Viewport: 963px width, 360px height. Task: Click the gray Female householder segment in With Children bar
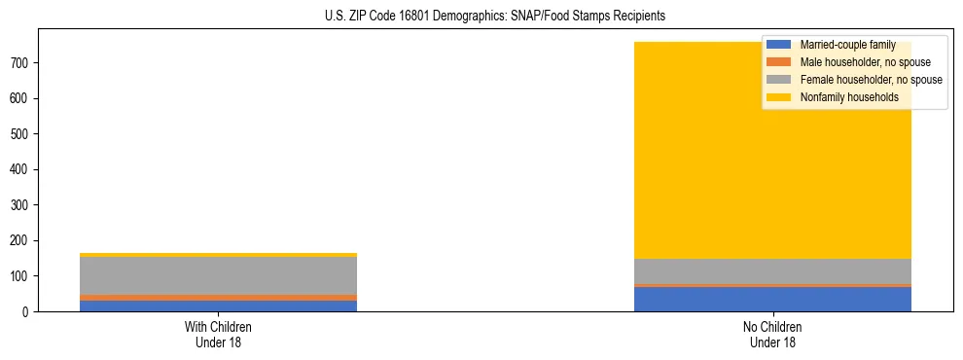pyautogui.click(x=218, y=276)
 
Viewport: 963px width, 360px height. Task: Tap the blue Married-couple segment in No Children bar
pyautogui.click(x=772, y=299)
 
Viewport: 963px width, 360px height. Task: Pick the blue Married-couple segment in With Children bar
pyautogui.click(x=218, y=306)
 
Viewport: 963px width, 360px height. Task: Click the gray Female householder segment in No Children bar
pyautogui.click(x=772, y=271)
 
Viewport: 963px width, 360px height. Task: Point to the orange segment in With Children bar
pyautogui.click(x=218, y=298)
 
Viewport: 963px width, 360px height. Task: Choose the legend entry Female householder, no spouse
pyautogui.click(x=871, y=80)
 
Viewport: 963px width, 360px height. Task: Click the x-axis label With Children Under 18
pyautogui.click(x=218, y=334)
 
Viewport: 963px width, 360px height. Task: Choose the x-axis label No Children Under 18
pyautogui.click(x=772, y=334)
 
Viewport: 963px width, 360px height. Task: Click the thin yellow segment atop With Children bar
pyautogui.click(x=218, y=255)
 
